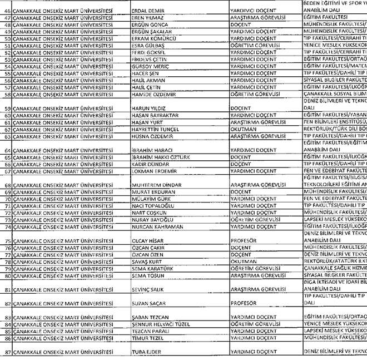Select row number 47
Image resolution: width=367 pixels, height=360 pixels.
click(x=8, y=18)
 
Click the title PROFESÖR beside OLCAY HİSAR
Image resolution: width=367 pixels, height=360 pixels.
click(x=244, y=240)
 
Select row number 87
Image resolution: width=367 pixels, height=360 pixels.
click(x=8, y=352)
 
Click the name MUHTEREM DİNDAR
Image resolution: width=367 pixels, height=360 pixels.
click(x=156, y=185)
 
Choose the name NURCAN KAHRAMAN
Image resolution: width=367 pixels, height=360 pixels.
click(x=157, y=226)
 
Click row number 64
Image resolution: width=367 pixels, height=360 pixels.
click(x=8, y=150)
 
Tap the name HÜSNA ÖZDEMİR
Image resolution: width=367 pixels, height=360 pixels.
click(x=153, y=136)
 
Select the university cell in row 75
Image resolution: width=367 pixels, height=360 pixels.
click(x=62, y=240)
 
